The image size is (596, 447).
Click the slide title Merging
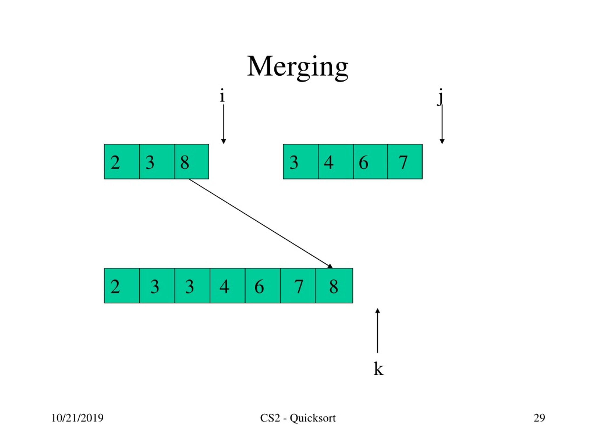pyautogui.click(x=298, y=67)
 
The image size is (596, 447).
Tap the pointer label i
pyautogui.click(x=222, y=95)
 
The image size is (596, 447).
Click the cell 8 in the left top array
pyautogui.click(x=192, y=162)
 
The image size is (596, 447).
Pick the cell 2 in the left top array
pyautogui.click(x=122, y=162)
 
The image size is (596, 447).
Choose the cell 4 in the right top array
pyautogui.click(x=336, y=162)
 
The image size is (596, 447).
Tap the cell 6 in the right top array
pyautogui.click(x=370, y=162)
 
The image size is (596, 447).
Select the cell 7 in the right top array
pyautogui.click(x=405, y=162)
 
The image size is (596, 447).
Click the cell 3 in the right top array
pyautogui.click(x=301, y=162)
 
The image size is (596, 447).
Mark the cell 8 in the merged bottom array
pyautogui.click(x=334, y=286)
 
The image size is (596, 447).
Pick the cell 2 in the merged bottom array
pyautogui.click(x=122, y=286)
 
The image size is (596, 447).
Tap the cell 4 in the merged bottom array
pyautogui.click(x=227, y=286)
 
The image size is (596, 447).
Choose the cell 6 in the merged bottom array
pyautogui.click(x=263, y=286)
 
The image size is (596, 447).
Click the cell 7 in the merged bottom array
pyautogui.click(x=298, y=286)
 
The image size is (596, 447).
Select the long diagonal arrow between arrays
pyautogui.click(x=261, y=224)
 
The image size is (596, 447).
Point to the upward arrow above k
pyautogui.click(x=377, y=331)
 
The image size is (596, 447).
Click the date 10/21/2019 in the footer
pyautogui.click(x=77, y=418)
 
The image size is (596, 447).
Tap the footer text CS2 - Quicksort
pyautogui.click(x=298, y=418)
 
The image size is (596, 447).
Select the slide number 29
pyautogui.click(x=539, y=418)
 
